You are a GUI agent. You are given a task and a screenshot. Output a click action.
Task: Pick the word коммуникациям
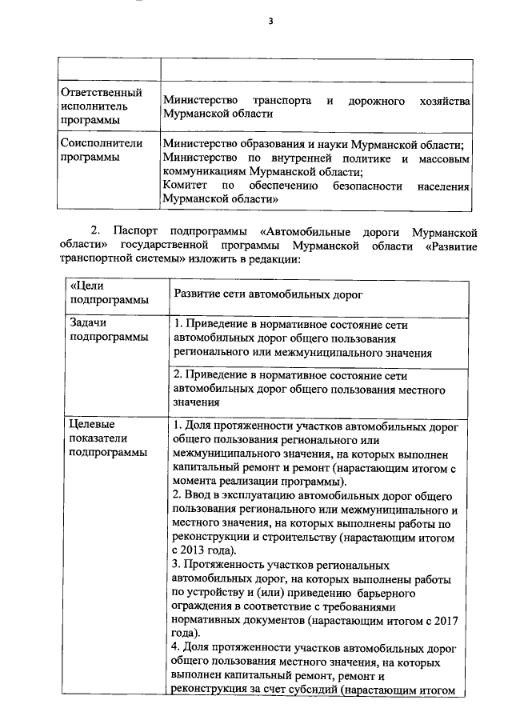point(203,171)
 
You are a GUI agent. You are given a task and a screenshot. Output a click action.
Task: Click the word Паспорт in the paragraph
point(140,232)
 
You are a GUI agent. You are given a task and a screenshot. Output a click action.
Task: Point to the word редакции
point(271,259)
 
